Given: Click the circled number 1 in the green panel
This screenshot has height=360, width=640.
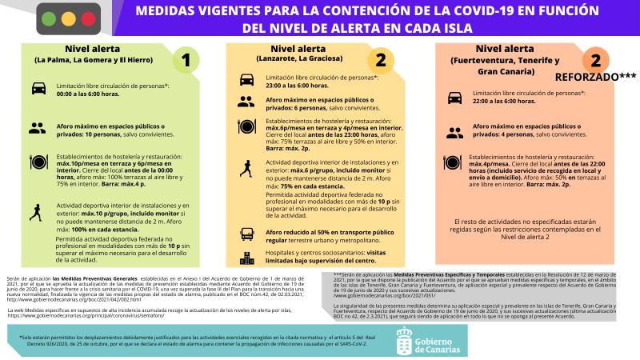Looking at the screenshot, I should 186,60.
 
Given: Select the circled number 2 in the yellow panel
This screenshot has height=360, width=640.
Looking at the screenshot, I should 381,60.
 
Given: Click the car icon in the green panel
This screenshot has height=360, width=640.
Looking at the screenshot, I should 37,88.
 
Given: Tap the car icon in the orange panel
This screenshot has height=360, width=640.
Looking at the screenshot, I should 454,98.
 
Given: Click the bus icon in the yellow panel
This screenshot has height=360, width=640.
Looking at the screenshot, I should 246,233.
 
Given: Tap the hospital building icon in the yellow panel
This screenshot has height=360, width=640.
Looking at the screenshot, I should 246,256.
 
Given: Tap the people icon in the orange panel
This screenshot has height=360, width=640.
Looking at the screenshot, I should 454,130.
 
